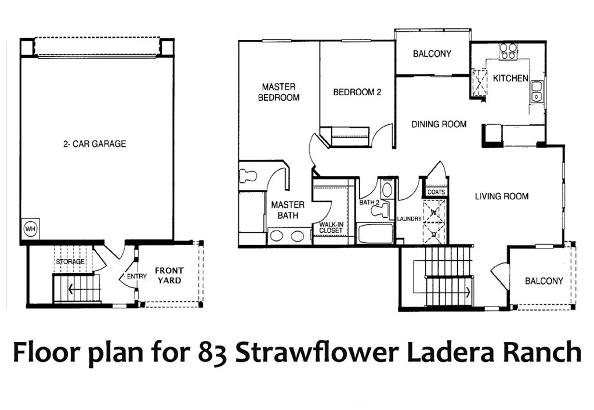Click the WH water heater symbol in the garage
click(30, 229)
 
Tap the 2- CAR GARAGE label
click(95, 143)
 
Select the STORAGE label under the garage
click(70, 262)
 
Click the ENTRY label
click(137, 276)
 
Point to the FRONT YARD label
click(169, 275)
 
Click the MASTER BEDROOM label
click(278, 92)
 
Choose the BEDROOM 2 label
click(357, 92)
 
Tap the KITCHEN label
click(510, 78)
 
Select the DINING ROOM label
click(439, 124)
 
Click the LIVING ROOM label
click(502, 196)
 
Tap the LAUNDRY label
click(408, 219)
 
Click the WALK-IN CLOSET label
click(331, 227)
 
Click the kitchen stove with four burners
click(509, 52)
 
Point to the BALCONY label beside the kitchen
click(432, 54)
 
